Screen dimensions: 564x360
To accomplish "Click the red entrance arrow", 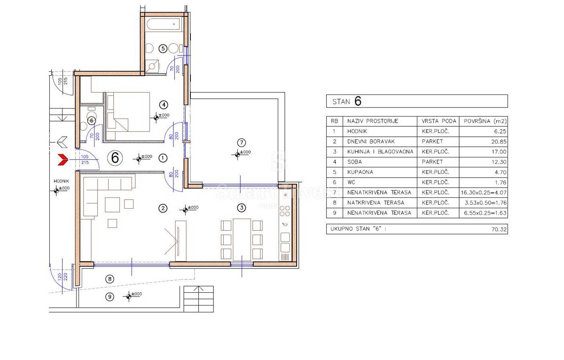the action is click(63, 160).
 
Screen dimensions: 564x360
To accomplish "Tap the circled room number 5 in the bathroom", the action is click(163, 48).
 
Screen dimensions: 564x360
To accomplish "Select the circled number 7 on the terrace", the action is click(242, 143).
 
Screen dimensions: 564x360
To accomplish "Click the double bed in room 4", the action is click(128, 112).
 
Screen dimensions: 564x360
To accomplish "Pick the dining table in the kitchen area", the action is click(242, 240).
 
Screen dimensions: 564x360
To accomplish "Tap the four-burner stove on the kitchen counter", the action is click(285, 211).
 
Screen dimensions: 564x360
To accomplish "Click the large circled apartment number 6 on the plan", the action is click(115, 158).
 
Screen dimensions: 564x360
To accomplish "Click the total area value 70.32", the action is click(499, 229).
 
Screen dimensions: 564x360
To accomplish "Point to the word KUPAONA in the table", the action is click(360, 172).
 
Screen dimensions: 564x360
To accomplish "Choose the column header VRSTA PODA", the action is click(439, 121).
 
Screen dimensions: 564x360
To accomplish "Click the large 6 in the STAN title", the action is click(358, 101).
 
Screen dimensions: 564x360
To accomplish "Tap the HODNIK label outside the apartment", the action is click(61, 181).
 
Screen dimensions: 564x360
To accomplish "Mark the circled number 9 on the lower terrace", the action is click(110, 297).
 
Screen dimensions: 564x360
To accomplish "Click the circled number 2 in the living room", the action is click(163, 208).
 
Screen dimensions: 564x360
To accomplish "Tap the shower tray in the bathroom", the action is click(152, 66).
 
